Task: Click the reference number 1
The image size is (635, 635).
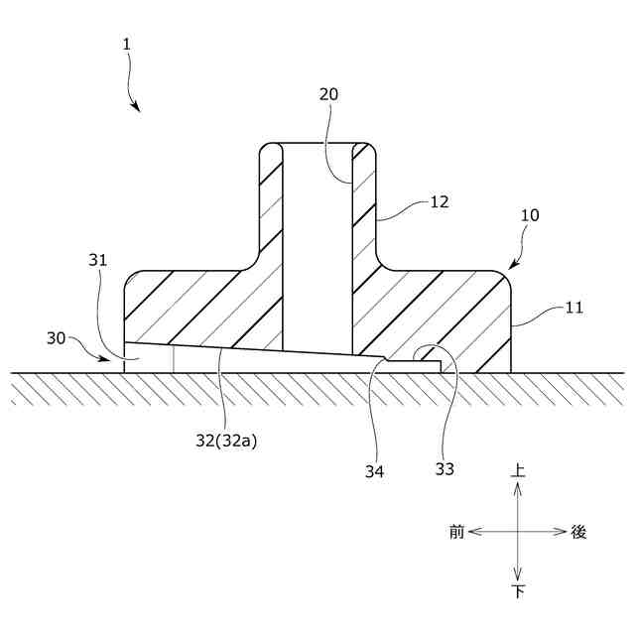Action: coord(126,44)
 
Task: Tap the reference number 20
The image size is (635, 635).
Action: coord(328,95)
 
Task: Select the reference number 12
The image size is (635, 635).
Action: coord(439,201)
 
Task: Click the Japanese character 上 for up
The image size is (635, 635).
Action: coord(517,473)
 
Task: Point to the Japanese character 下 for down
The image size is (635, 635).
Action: coord(517,592)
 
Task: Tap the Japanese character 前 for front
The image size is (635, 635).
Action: coord(456,532)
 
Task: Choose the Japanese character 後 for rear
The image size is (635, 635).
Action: coord(579,532)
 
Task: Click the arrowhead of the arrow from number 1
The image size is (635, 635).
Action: coord(137,108)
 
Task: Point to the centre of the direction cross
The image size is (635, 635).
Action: coord(517,532)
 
